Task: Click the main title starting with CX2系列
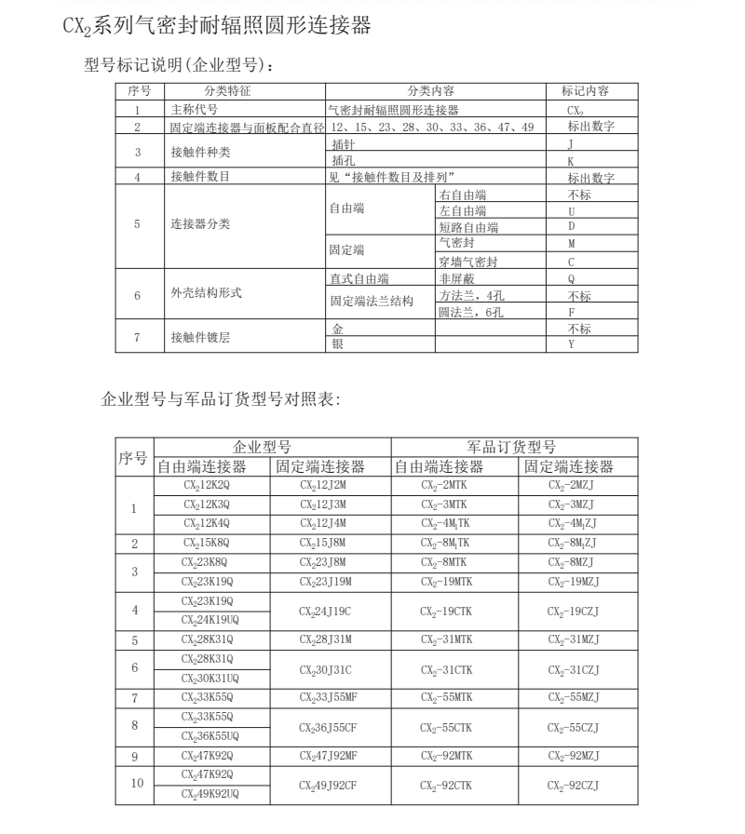coord(217,26)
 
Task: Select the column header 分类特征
coord(227,91)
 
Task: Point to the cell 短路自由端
coord(468,227)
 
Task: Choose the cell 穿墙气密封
coord(468,262)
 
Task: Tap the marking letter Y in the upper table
coord(571,345)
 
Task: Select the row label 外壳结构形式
coord(206,293)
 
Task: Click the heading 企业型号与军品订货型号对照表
coord(221,401)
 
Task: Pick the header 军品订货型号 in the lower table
coord(511,447)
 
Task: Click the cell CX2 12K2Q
coord(211,486)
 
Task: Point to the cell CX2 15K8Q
coord(211,543)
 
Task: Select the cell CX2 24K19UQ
coord(211,620)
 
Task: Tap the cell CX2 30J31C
coord(329,669)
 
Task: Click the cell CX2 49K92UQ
coord(211,794)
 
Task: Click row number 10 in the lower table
coord(134,784)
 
